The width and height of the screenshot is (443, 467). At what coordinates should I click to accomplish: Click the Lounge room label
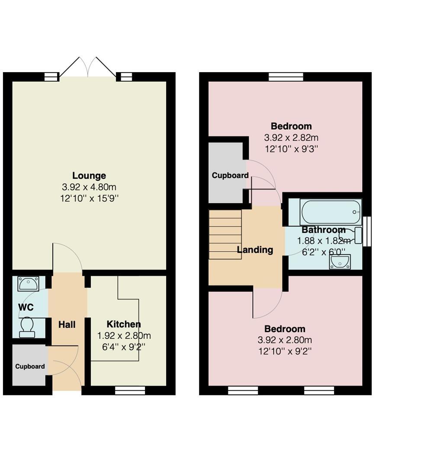click(89, 176)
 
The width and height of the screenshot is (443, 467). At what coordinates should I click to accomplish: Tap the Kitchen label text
click(124, 324)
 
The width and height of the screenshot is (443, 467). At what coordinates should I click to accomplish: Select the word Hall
click(67, 324)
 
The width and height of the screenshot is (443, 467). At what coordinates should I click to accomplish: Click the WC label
click(26, 307)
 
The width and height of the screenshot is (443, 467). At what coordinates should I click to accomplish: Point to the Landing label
click(255, 249)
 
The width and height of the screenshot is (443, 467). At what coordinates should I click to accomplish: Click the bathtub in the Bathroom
click(331, 212)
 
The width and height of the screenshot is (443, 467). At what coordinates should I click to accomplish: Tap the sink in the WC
click(28, 284)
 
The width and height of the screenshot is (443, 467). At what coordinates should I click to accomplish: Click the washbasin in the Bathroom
click(340, 261)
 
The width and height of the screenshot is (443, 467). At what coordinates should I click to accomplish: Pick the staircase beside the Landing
click(225, 234)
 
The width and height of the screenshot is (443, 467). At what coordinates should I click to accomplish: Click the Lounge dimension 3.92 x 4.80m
click(89, 187)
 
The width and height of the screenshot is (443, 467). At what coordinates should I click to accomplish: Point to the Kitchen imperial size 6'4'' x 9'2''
click(124, 346)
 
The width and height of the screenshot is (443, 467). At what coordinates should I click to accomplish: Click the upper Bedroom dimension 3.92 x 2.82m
click(291, 138)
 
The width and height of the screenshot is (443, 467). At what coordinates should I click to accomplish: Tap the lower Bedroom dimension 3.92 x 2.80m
click(285, 340)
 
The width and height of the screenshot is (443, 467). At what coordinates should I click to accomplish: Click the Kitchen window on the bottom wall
click(130, 390)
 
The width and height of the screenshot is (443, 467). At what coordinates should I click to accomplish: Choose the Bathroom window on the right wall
click(367, 231)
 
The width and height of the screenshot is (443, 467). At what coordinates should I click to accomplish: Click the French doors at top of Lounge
click(88, 68)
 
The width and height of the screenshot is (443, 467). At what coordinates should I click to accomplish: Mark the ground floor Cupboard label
click(30, 366)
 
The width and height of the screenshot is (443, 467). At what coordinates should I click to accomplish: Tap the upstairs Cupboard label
click(230, 176)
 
